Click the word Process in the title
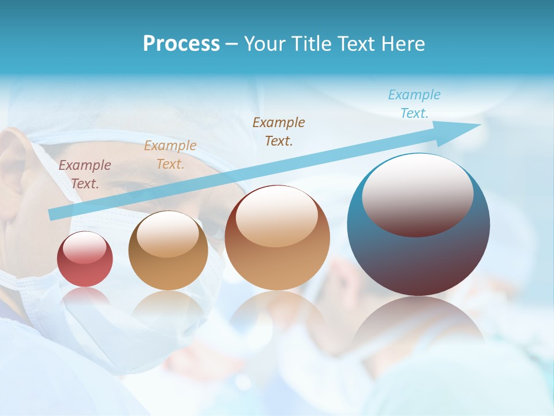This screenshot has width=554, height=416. point(181,44)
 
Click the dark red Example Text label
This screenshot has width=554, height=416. point(85,174)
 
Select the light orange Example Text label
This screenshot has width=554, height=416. point(170,155)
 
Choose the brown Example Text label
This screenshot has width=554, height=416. point(279,132)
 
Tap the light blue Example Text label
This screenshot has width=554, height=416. point(414,104)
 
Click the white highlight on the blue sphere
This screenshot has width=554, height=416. point(417,194)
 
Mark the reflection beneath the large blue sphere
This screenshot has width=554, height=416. point(418,324)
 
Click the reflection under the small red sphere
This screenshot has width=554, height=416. point(85,298)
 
